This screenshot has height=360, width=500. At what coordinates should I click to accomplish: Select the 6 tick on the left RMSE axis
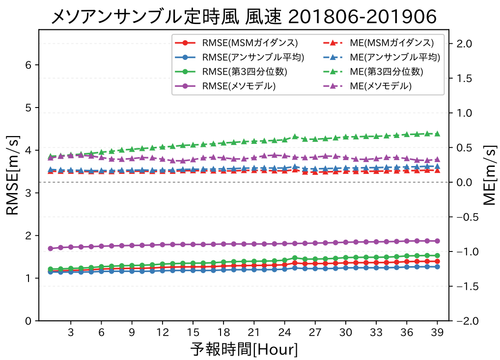29,65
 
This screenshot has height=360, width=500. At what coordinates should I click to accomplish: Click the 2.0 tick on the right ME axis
465,44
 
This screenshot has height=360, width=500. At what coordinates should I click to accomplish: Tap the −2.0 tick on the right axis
463,321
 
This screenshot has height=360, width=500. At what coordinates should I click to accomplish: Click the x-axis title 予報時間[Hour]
244,350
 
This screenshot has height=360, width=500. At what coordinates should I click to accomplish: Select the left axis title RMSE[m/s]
13,175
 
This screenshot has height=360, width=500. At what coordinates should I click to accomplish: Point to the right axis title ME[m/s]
489,175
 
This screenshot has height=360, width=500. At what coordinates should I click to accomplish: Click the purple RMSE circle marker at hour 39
437,241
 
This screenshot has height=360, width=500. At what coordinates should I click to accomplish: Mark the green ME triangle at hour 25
295,137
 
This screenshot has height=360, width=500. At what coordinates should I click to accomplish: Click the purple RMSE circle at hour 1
50,248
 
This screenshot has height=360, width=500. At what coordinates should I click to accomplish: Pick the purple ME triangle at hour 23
274,155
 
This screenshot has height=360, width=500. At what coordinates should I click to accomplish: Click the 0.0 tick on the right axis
465,182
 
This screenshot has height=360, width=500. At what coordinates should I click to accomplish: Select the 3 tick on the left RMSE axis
29,193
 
